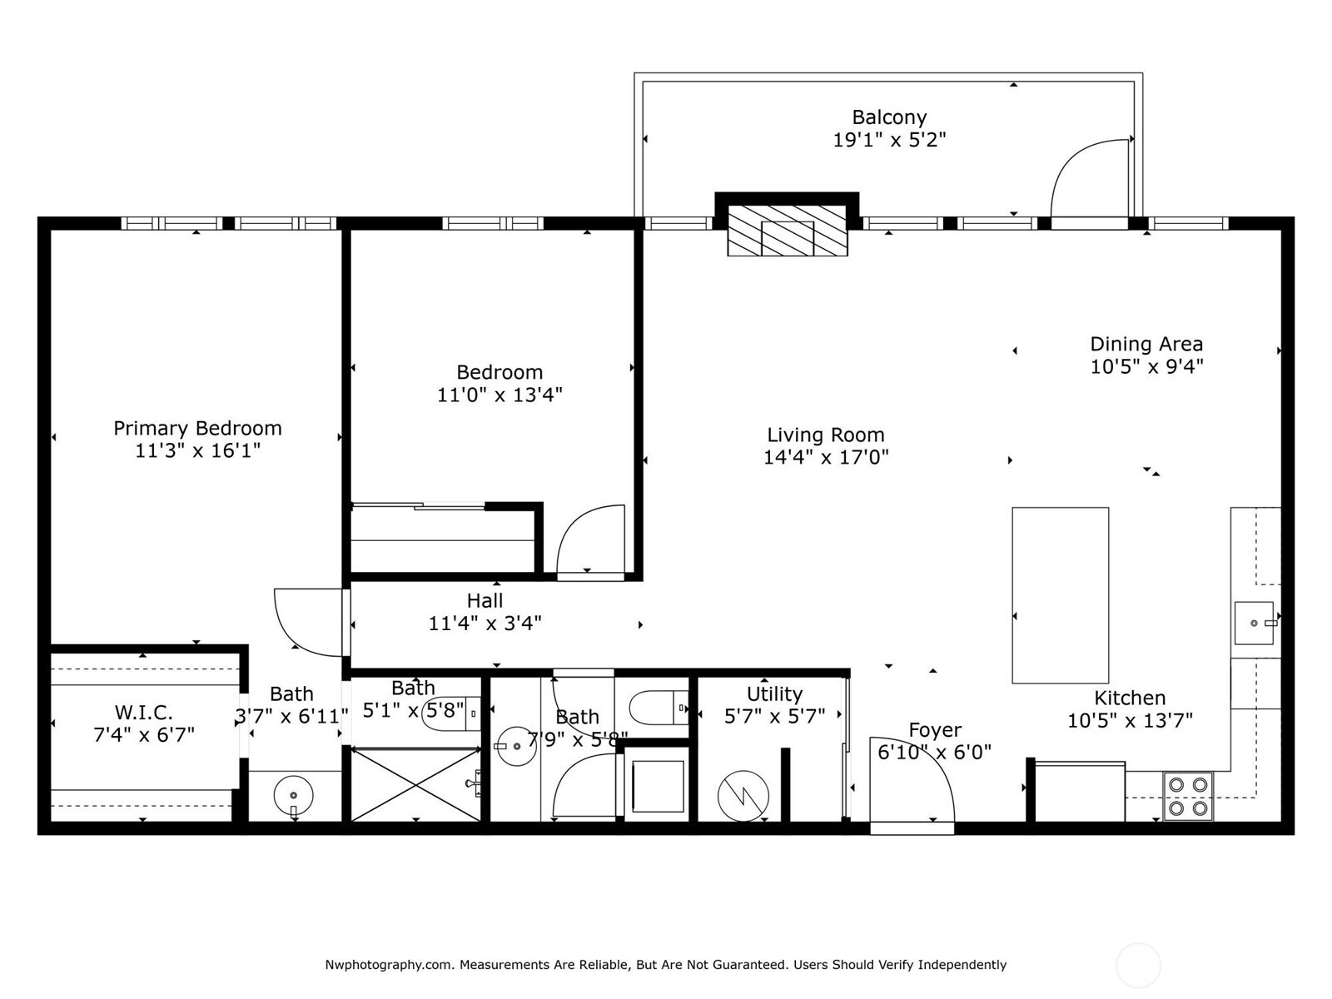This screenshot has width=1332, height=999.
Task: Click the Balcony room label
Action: coord(889,117)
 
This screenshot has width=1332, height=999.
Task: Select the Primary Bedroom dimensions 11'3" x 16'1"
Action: coord(198,450)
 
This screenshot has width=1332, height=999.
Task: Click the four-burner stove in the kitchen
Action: coord(1187,796)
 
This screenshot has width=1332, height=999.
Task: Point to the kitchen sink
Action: coord(1254,623)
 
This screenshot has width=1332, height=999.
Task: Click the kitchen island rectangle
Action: coord(1060,595)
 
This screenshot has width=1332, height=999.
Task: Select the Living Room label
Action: coord(825,435)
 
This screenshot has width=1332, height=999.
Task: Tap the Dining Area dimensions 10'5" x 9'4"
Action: coord(1146,366)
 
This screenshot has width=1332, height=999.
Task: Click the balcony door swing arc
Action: coord(1087,178)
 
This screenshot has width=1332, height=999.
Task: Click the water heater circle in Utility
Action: coord(743,795)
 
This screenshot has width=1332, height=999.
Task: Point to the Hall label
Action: coord(485,600)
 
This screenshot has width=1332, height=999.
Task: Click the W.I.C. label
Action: coord(144,713)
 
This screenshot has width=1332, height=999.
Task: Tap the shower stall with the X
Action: coord(415,784)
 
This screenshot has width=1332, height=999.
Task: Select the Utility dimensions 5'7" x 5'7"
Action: coord(774,716)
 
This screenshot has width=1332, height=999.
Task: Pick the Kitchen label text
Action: coord(1129,698)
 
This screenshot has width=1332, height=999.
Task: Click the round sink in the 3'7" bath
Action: coord(293,795)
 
